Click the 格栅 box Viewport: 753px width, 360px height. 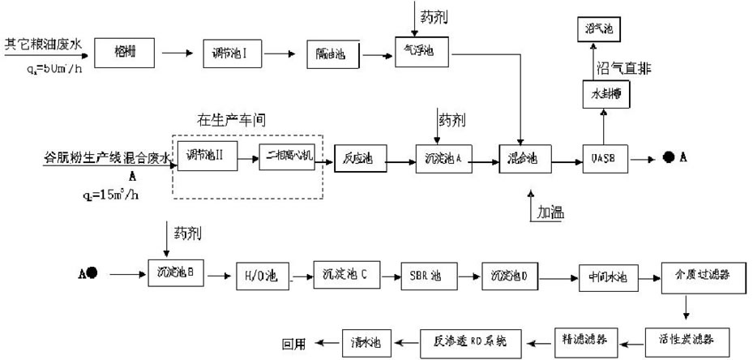(x=125, y=54)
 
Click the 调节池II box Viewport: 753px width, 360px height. (x=209, y=155)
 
